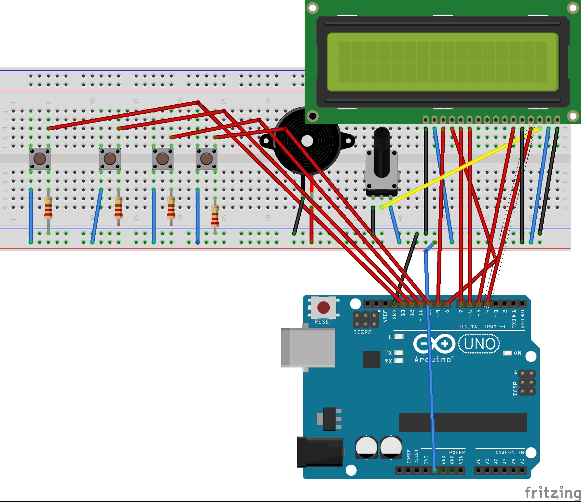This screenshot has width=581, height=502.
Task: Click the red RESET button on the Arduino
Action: click(x=323, y=307)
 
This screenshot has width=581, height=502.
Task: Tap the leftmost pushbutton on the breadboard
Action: click(x=40, y=159)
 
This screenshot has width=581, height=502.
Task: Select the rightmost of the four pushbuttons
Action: click(x=206, y=159)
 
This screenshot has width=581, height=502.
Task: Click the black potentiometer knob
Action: click(x=381, y=153)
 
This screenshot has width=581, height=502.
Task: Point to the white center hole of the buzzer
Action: click(x=307, y=141)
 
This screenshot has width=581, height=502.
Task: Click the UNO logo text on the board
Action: click(x=479, y=344)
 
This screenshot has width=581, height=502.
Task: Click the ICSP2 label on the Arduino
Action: click(x=362, y=332)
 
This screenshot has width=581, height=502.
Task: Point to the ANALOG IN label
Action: click(x=509, y=453)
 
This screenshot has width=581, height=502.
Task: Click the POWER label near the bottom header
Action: click(x=457, y=453)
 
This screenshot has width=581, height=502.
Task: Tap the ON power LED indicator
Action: click(x=508, y=353)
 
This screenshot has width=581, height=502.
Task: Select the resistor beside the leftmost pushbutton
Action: click(x=48, y=208)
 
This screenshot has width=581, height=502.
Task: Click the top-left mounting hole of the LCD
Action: click(x=312, y=8)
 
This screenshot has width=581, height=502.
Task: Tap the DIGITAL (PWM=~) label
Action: click(x=481, y=327)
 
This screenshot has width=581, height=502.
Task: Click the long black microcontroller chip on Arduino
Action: click(x=463, y=422)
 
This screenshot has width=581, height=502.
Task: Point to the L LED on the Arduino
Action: click(x=399, y=337)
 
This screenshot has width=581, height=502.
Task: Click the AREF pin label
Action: click(x=385, y=316)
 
